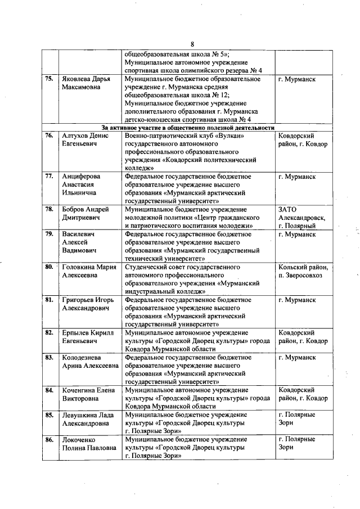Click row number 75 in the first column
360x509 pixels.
tap(49, 79)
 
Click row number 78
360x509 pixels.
tap(49, 209)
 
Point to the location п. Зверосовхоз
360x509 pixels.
tap(301, 274)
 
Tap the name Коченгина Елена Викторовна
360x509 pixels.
tap(88, 394)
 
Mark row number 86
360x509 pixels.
tap(49, 439)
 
